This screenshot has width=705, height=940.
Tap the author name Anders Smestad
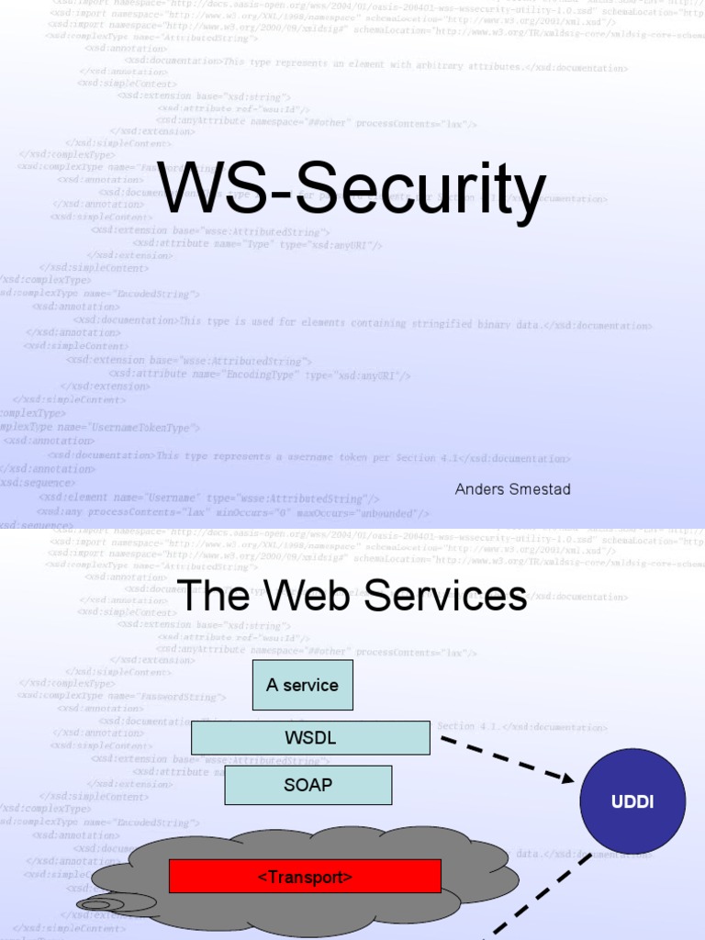pyautogui.click(x=512, y=489)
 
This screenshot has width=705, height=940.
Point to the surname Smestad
pyautogui.click(x=539, y=489)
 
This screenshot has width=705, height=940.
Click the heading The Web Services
pyautogui.click(x=352, y=596)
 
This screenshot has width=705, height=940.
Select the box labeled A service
pyautogui.click(x=302, y=685)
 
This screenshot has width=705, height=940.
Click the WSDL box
pyautogui.click(x=310, y=738)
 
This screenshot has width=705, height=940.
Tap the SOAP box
pyautogui.click(x=308, y=785)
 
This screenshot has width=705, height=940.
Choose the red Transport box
pyautogui.click(x=305, y=877)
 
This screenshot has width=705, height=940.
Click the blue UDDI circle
pyautogui.click(x=632, y=801)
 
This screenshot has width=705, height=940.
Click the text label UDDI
pyautogui.click(x=632, y=802)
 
